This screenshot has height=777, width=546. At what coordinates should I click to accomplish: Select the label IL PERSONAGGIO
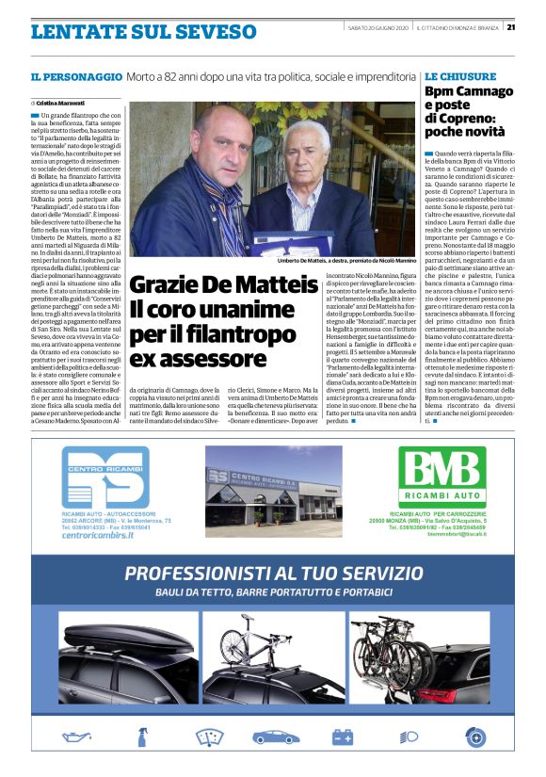pyautogui.click(x=75, y=75)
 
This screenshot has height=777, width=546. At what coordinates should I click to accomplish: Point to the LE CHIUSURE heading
pyautogui.click(x=458, y=74)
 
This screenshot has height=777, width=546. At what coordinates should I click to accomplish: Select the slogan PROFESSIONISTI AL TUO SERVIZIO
pyautogui.click(x=273, y=573)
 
